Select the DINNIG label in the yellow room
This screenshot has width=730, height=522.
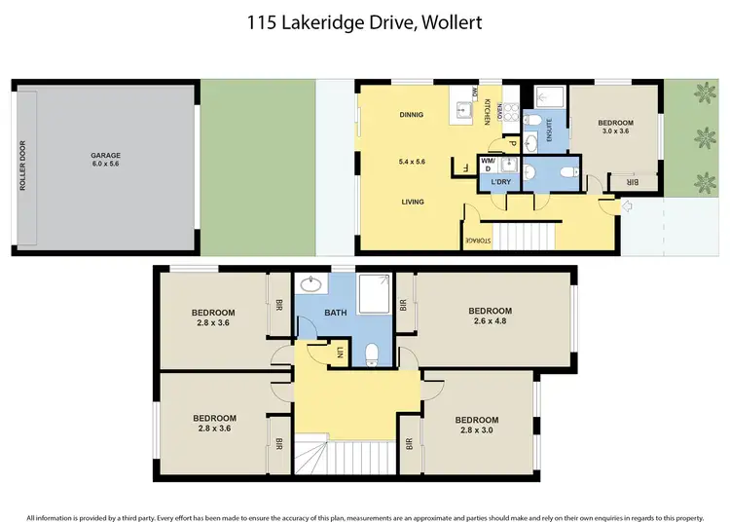click(412, 115)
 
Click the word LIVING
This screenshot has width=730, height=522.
click(412, 203)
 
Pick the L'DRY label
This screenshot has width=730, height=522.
click(502, 182)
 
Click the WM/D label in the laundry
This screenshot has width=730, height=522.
click(486, 166)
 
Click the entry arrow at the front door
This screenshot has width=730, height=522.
click(625, 205)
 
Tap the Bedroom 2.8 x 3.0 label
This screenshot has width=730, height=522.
click(477, 426)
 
